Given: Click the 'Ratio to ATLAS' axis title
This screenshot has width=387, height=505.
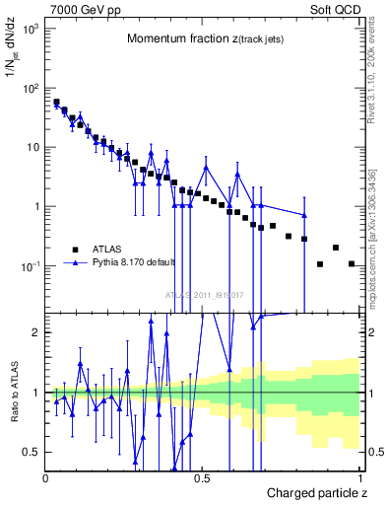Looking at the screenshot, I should (12, 394).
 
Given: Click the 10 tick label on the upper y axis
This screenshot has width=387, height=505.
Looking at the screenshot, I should (32, 148).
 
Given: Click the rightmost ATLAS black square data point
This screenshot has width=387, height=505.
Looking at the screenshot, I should (352, 263).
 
